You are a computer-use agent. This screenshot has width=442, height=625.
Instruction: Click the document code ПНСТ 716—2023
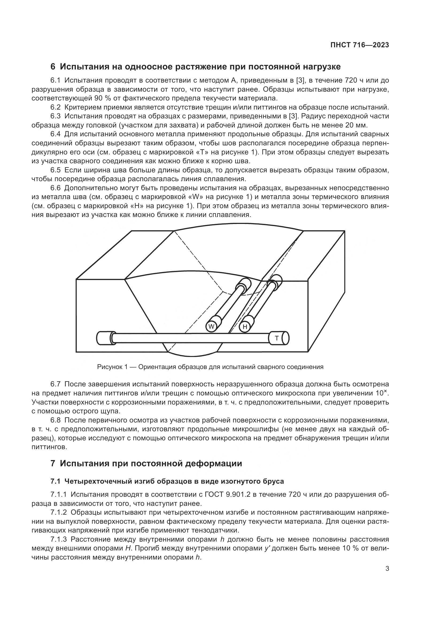pos(359,45)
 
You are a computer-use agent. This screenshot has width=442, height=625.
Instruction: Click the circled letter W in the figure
pos(211,326)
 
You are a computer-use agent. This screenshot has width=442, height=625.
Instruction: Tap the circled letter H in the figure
pos(245,327)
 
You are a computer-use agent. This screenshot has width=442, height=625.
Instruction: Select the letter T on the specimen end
pos(277,338)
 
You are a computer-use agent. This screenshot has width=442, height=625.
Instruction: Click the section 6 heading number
pos(53,67)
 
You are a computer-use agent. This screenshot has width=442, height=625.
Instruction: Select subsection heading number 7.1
pos(55,481)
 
